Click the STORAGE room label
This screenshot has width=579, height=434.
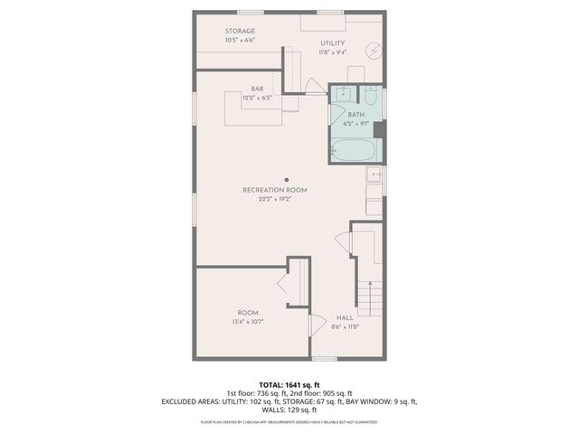point(240,32)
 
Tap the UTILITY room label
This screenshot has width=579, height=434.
point(333,42)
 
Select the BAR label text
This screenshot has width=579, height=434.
point(258,89)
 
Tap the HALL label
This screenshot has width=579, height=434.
point(345,317)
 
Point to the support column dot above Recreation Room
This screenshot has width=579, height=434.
point(287,179)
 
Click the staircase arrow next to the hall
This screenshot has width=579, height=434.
point(368,295)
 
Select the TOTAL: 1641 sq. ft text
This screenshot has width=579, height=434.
point(289,383)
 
